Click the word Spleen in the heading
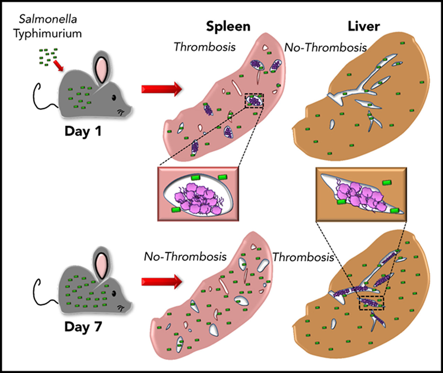point(228,26)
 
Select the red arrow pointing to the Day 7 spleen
point(161,282)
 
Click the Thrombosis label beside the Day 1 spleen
point(205,46)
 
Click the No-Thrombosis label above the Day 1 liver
point(325,47)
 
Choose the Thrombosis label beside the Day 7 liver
point(303,256)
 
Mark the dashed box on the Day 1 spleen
point(254,100)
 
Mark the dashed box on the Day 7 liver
point(371,303)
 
